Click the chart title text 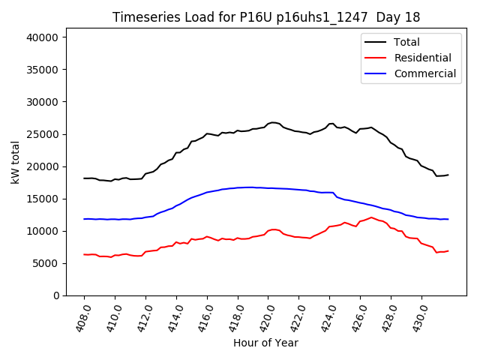point(266,17)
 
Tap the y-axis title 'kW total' point(15,162)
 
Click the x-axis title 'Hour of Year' point(265,343)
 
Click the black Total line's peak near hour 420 point(272,122)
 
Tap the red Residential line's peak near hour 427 point(371,217)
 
